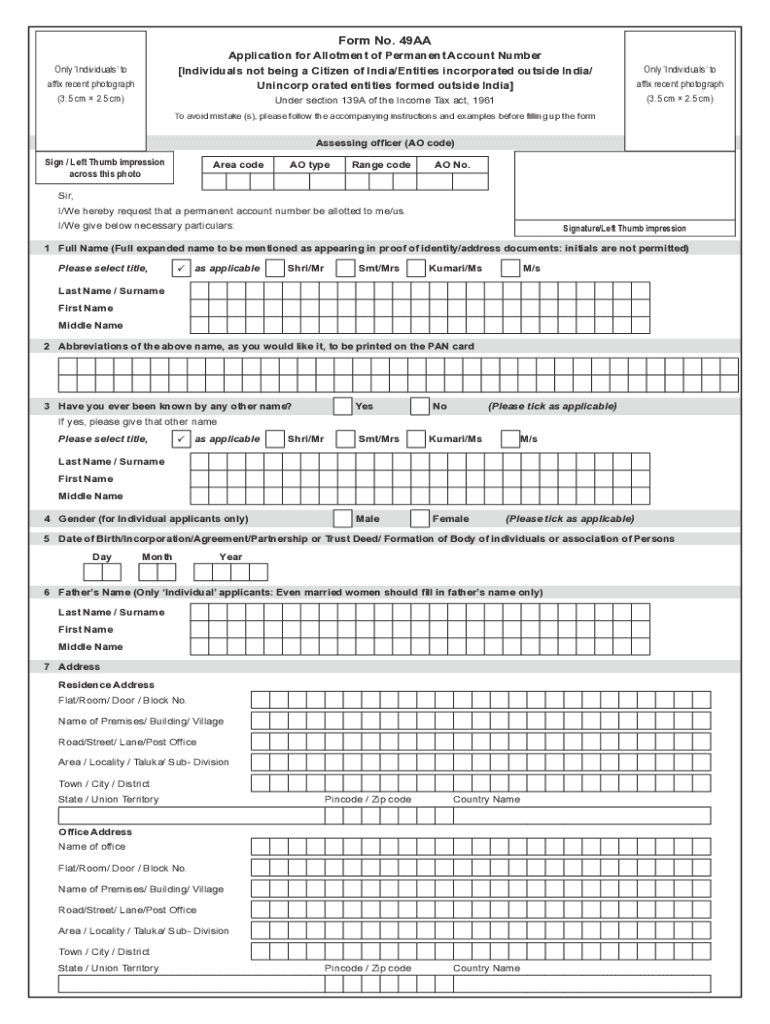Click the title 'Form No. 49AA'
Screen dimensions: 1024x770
tap(385, 40)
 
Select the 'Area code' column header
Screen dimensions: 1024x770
tap(238, 164)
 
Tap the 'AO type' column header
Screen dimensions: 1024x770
tap(310, 164)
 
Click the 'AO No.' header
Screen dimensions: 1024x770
tap(452, 164)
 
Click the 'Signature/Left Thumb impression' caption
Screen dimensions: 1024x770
tap(624, 228)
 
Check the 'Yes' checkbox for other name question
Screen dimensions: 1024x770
tap(342, 406)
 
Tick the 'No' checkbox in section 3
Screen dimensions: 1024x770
tap(420, 406)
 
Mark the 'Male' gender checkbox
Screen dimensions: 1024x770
tap(342, 519)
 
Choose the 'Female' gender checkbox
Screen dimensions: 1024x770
tap(420, 519)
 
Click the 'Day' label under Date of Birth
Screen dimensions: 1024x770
tap(102, 557)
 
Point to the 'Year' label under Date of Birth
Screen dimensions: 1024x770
tap(231, 557)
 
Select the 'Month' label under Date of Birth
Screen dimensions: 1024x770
tap(157, 557)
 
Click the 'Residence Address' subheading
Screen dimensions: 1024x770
tap(106, 685)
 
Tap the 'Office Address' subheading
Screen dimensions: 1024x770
tap(95, 832)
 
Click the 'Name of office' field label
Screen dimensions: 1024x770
tap(92, 847)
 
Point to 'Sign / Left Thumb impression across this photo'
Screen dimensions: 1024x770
tap(105, 167)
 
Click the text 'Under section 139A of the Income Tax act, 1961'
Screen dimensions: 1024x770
tap(385, 101)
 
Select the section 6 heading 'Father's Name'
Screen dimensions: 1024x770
tap(300, 592)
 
